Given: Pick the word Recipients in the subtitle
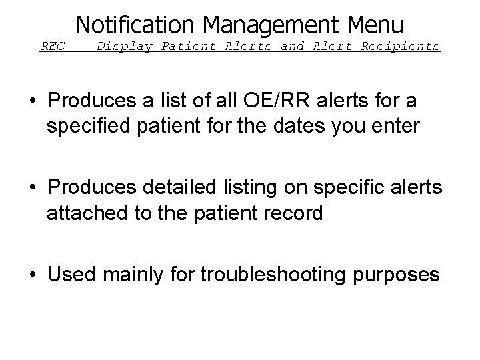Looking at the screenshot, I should pyautogui.click(x=401, y=47).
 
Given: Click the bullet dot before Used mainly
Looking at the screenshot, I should pyautogui.click(x=31, y=275).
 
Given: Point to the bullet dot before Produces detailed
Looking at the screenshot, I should pyautogui.click(x=31, y=188).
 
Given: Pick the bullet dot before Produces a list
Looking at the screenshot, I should pyautogui.click(x=31, y=101).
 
